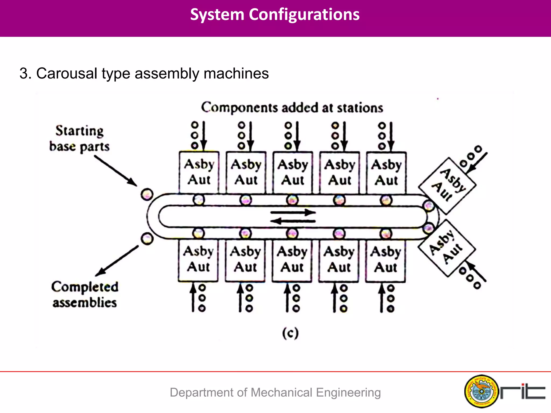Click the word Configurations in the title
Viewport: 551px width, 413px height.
(x=304, y=15)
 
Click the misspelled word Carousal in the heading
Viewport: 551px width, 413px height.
(x=66, y=73)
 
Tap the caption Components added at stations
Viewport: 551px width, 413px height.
(x=292, y=108)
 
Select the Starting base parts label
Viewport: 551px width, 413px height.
(x=79, y=139)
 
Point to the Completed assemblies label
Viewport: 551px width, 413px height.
(x=85, y=295)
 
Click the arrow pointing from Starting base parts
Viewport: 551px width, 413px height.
(x=116, y=171)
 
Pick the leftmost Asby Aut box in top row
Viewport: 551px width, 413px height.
(x=199, y=172)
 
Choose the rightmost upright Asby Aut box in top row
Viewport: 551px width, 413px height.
(x=386, y=172)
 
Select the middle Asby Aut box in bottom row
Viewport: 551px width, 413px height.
(x=292, y=260)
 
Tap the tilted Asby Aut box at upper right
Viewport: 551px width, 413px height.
(x=447, y=186)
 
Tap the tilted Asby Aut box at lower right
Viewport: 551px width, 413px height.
(x=447, y=247)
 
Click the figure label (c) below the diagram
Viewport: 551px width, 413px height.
(x=291, y=333)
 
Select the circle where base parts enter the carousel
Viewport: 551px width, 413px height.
(x=147, y=194)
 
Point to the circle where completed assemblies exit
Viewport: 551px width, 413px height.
(x=147, y=238)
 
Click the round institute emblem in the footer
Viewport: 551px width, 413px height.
(x=481, y=391)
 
